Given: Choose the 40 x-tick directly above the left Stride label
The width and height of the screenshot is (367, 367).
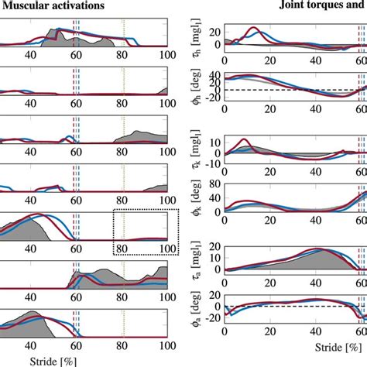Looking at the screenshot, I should tap(32, 346).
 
